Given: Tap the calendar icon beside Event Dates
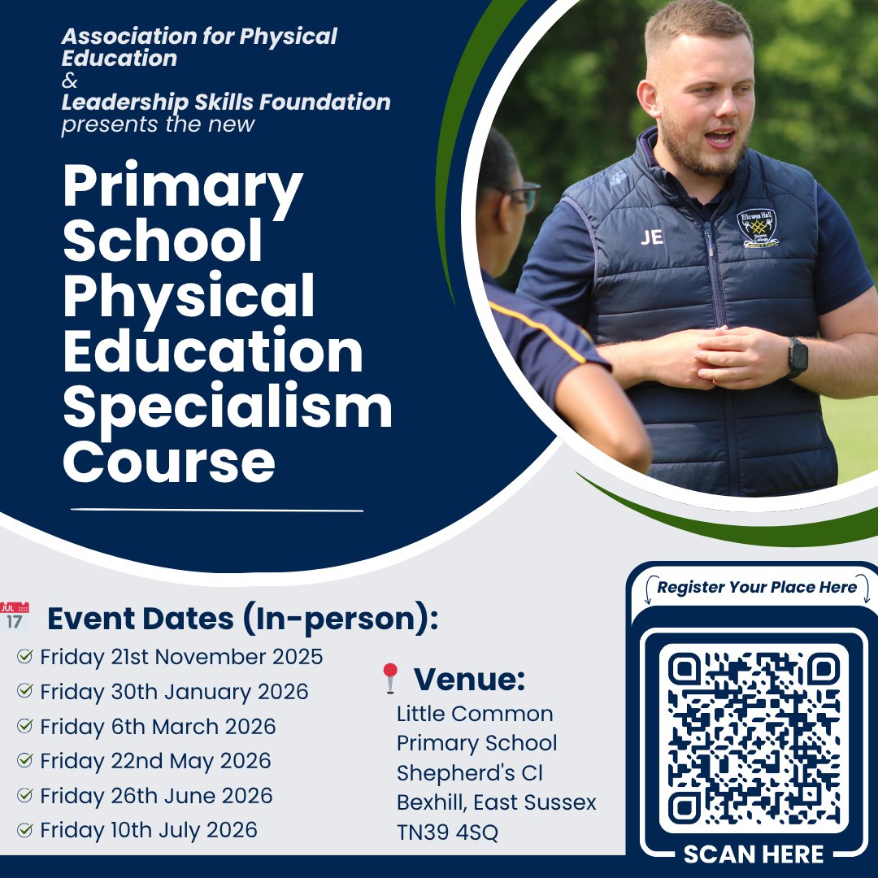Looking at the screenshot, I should [15, 617].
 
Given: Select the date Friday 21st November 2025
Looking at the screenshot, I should [181, 656].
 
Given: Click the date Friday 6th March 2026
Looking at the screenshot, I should [158, 726].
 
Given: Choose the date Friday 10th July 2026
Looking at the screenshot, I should [149, 830].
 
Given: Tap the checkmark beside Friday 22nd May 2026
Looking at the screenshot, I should [25, 761].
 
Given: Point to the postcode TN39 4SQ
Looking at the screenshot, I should [447, 832].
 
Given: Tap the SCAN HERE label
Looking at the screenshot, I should [754, 854].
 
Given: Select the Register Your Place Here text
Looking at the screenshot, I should [757, 587].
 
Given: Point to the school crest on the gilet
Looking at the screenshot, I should [757, 228].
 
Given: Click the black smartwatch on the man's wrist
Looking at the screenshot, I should [798, 358].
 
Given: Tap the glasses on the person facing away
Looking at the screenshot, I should [524, 196].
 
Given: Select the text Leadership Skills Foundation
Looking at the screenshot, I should [226, 103].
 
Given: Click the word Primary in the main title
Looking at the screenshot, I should [183, 188].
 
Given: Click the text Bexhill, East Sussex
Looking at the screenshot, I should [496, 802].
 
